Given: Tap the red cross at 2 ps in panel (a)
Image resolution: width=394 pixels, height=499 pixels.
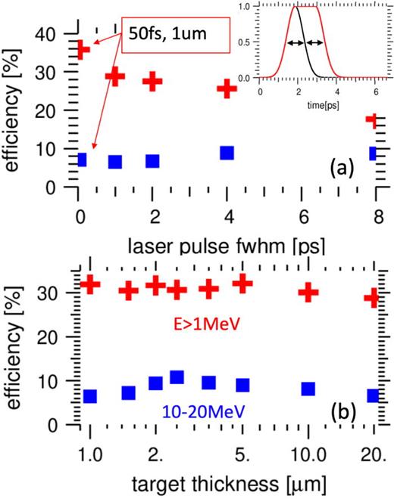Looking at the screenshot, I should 154,82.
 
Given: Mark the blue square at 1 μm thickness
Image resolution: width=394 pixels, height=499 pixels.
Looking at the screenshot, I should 89,396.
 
